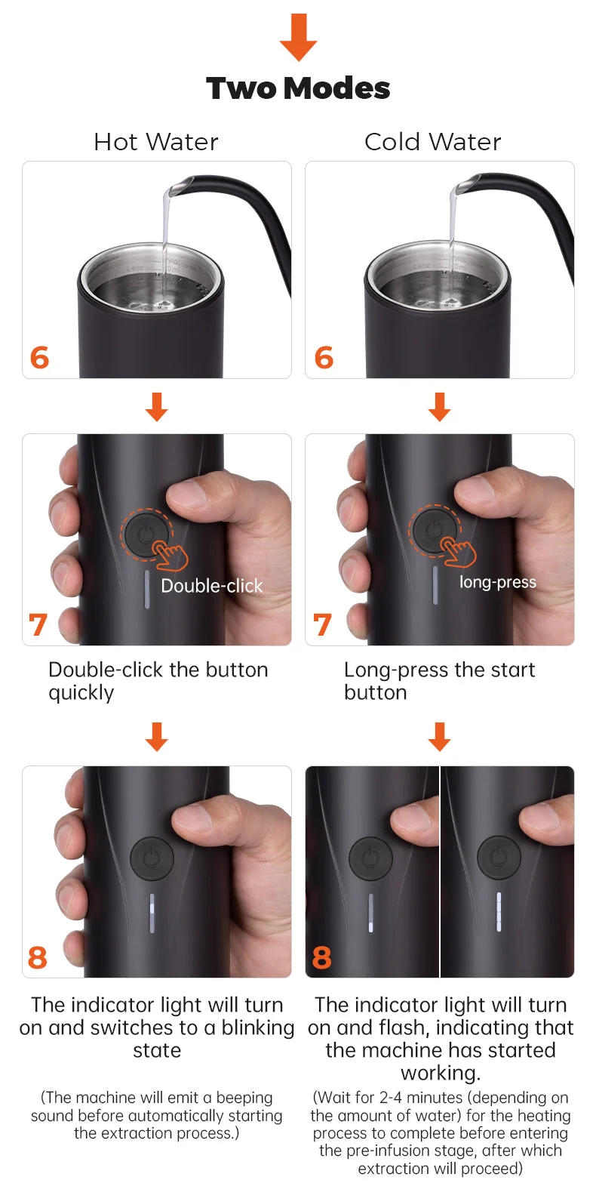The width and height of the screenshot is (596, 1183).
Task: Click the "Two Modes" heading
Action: pos(298,88)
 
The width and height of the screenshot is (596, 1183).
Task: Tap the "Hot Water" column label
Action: pos(155,141)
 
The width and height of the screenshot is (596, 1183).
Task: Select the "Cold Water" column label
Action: pos(433,141)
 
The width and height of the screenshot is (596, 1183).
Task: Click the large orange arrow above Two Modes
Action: pos(298,37)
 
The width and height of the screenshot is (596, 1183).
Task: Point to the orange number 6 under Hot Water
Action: pos(39,358)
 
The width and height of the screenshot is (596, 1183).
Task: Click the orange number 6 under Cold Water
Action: pos(324,358)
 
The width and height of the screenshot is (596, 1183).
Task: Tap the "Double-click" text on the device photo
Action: pos(212,586)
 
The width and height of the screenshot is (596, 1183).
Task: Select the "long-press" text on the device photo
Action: pos(498,581)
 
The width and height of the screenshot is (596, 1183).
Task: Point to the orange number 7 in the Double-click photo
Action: pos(38,625)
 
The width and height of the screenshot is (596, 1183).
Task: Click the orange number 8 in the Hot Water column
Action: pos(38,957)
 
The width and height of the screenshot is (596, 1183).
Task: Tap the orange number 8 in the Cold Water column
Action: pos(322,957)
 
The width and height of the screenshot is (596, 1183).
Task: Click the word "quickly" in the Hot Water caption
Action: pos(81,693)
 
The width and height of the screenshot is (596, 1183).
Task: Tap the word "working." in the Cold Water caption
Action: pos(441,1073)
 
